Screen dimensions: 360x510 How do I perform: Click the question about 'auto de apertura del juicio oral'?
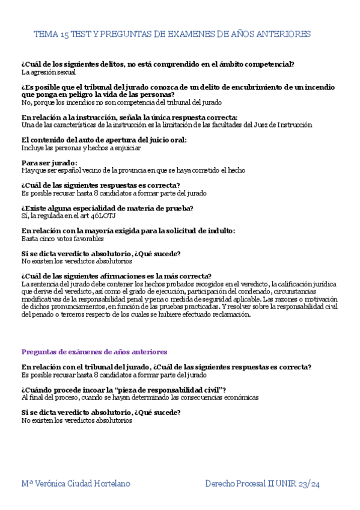tap(104, 140)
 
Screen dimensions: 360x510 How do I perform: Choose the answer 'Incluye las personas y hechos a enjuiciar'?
tap(81, 148)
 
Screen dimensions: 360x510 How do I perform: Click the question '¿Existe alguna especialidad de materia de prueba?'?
tap(107, 208)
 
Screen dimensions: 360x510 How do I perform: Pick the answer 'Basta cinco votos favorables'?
tap(63, 239)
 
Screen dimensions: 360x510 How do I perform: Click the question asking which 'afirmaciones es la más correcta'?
tap(116, 276)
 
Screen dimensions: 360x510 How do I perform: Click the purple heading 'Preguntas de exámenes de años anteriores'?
tap(94, 352)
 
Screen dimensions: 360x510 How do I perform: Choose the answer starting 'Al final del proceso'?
tap(139, 398)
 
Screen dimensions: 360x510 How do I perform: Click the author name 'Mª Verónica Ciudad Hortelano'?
tap(75, 484)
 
